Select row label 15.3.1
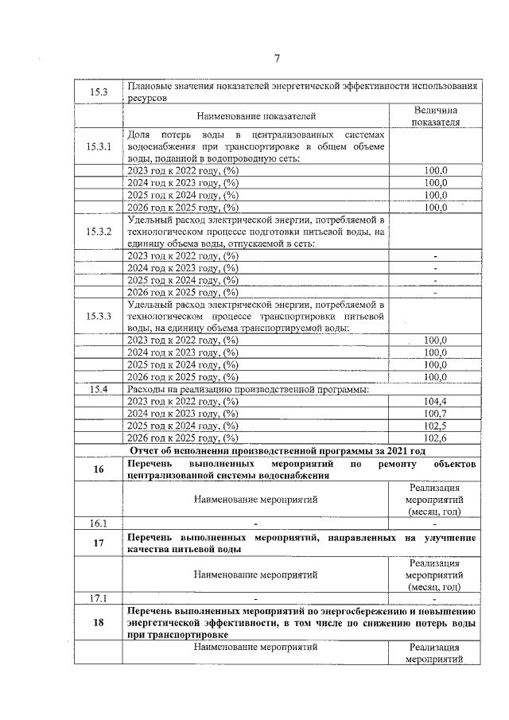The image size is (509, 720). (x=99, y=147)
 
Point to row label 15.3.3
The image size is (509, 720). (x=99, y=316)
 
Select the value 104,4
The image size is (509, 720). (x=435, y=401)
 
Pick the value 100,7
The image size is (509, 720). (x=435, y=413)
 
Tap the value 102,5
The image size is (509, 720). (x=435, y=425)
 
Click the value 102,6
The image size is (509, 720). (x=435, y=437)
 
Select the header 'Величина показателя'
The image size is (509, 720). (x=435, y=116)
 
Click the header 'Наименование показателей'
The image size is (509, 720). (x=256, y=116)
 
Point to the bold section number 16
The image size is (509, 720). (x=99, y=469)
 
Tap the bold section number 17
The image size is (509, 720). (x=99, y=543)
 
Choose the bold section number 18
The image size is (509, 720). (x=99, y=623)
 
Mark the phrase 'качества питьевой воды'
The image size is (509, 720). (x=182, y=549)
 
